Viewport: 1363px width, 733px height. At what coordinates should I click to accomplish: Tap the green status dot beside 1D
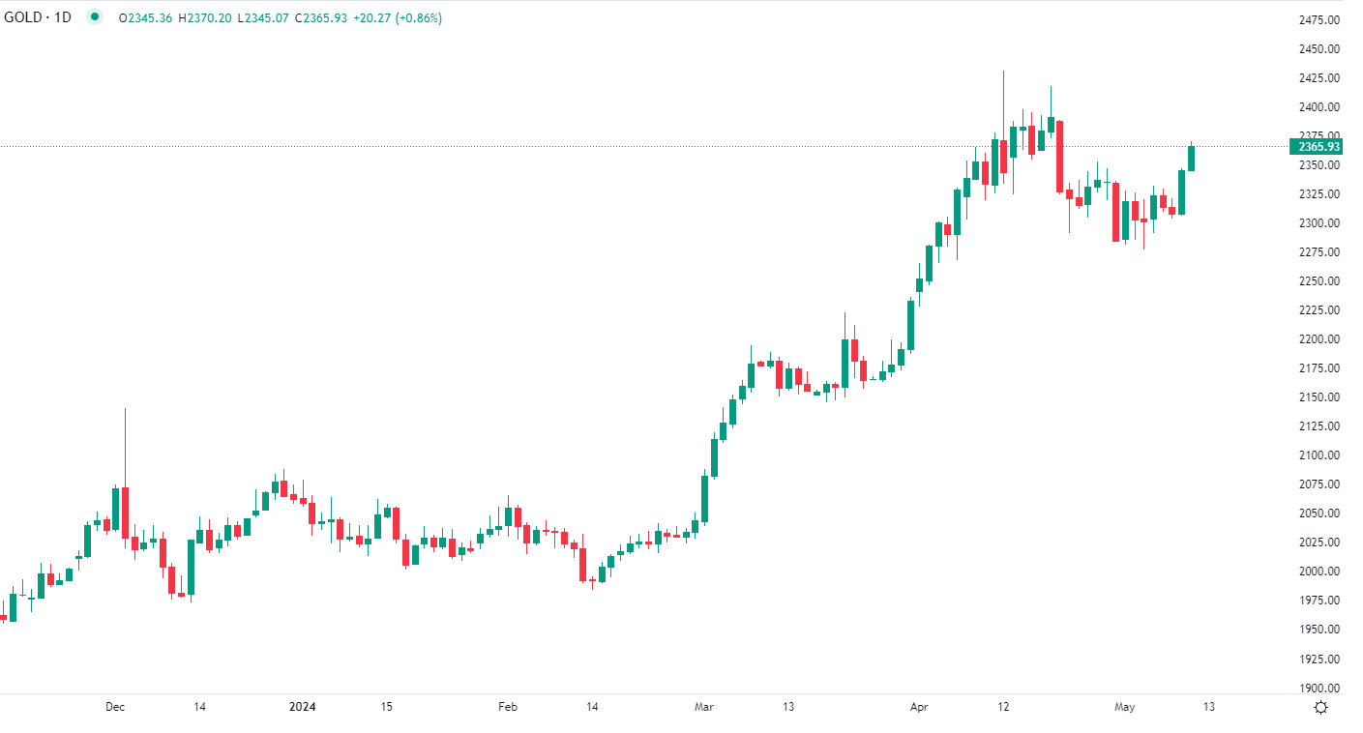(x=94, y=16)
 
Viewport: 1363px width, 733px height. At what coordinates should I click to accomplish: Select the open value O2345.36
(x=145, y=17)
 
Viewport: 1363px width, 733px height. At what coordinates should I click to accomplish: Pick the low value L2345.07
(x=263, y=17)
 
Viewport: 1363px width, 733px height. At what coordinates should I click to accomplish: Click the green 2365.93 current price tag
(x=1318, y=147)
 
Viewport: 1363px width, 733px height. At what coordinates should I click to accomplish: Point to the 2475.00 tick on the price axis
(x=1319, y=20)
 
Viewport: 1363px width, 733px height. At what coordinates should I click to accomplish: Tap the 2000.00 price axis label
(x=1319, y=572)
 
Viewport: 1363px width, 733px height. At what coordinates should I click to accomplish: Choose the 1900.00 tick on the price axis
(x=1319, y=688)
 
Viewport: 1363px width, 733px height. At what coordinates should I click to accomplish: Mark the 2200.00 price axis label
(x=1319, y=339)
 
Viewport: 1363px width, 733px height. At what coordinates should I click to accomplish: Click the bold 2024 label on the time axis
(x=304, y=707)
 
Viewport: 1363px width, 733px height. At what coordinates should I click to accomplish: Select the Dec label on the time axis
(x=115, y=707)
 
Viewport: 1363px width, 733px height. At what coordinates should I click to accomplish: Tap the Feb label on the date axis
(x=508, y=707)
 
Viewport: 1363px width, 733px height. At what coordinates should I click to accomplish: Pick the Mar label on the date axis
(x=704, y=707)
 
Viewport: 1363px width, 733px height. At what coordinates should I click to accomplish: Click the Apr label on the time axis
(x=920, y=707)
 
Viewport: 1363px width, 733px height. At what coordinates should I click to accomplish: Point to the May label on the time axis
(x=1124, y=707)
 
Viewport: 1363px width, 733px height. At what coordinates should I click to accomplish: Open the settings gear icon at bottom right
(x=1320, y=707)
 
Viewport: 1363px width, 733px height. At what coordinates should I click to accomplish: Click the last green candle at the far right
(x=1192, y=158)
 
